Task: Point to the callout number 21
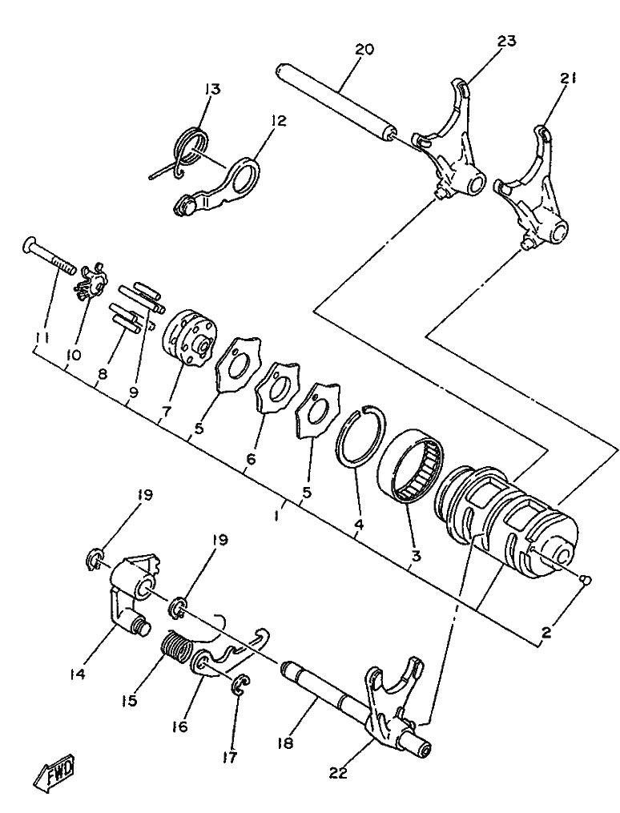567,78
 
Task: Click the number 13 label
212,89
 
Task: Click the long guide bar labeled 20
336,101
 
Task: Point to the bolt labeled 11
49,257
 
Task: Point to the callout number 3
416,557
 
